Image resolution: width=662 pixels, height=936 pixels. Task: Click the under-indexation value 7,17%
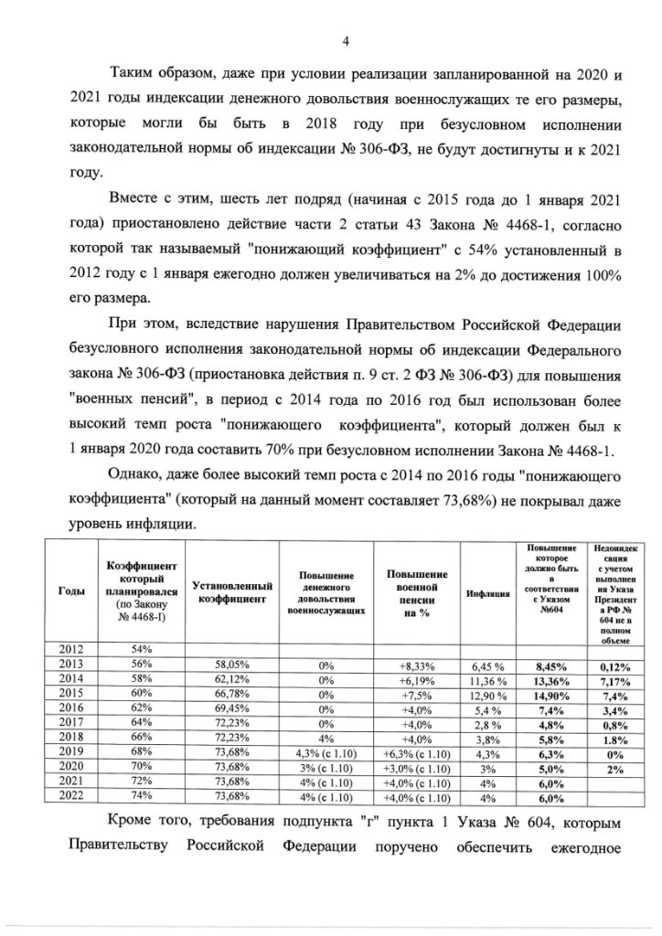[x=613, y=677]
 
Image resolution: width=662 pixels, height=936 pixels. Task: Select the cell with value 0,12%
[x=613, y=663]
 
